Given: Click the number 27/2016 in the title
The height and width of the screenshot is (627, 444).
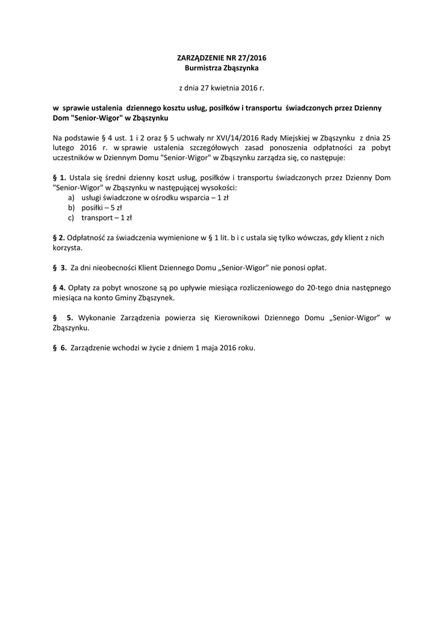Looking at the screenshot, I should coord(250,58).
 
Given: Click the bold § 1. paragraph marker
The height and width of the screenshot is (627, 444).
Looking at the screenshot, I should coord(60,178).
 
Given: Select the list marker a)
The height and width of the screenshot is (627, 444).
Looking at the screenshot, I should coord(72,197).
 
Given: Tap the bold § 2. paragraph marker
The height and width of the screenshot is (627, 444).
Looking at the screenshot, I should coord(59,237).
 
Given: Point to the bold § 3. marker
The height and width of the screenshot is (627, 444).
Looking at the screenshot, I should coord(60,267).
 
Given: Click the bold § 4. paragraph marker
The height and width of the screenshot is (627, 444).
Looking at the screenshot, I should coord(59,287).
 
